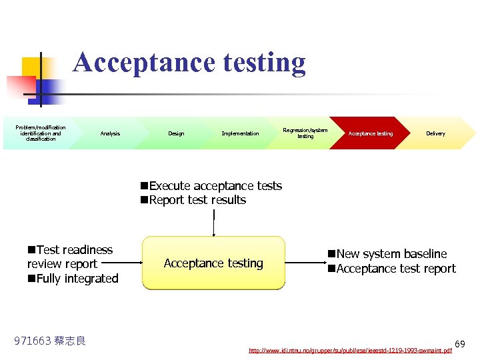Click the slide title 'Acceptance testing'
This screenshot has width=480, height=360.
point(189,63)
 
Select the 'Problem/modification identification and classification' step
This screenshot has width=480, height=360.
point(41,133)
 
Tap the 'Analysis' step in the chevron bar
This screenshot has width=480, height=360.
point(110,134)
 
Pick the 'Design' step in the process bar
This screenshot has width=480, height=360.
point(176,134)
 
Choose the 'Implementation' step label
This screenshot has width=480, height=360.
point(240,134)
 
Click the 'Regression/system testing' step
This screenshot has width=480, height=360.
point(305,133)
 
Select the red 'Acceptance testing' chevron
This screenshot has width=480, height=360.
point(371,134)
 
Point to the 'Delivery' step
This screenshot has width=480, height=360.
point(435,134)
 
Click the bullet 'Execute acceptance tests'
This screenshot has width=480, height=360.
point(211,186)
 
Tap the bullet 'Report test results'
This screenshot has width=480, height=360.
point(193,200)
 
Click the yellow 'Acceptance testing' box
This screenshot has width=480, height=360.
point(213,263)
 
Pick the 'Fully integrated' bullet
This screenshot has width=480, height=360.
point(73,279)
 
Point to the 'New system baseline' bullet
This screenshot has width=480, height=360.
point(387,254)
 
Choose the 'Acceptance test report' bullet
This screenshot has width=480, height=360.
point(392,269)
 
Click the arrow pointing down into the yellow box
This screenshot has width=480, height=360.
point(213,223)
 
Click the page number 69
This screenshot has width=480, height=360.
point(460,344)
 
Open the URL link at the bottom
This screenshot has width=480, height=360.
point(350,350)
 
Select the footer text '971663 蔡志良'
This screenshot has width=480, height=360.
point(50,341)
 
